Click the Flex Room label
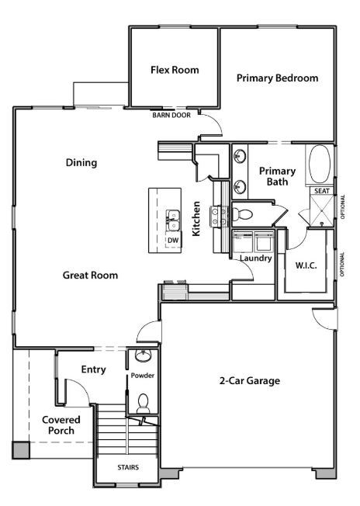click(174, 70)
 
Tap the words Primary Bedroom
click(277, 78)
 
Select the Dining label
click(81, 163)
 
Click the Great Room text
click(90, 275)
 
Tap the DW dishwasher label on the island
click(173, 240)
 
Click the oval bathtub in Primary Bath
click(320, 164)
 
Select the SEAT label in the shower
click(321, 190)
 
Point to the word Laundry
click(255, 258)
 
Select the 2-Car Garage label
click(249, 380)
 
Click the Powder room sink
click(143, 357)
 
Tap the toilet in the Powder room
click(143, 403)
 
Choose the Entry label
click(93, 369)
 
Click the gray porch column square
click(20, 449)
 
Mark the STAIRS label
click(128, 468)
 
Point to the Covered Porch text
click(61, 425)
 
